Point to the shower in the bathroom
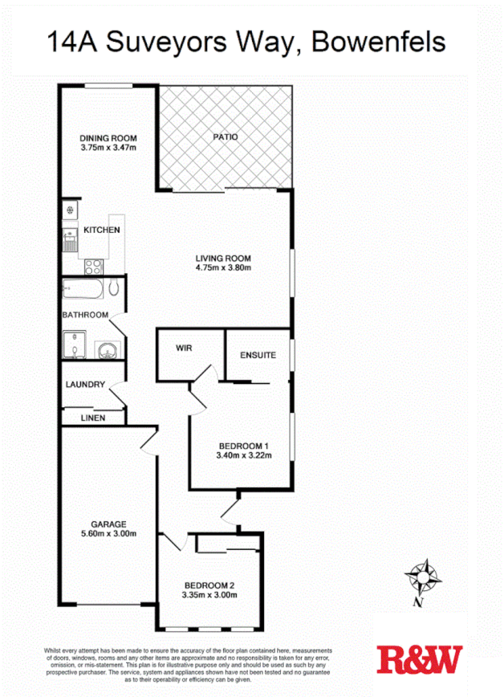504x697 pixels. pyautogui.click(x=74, y=346)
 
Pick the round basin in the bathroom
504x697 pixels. pyautogui.click(x=106, y=348)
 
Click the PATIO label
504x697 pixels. pyautogui.click(x=225, y=137)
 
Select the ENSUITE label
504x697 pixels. pyautogui.click(x=258, y=354)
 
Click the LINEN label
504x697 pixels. pyautogui.click(x=93, y=418)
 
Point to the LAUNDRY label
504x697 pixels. pyautogui.click(x=85, y=385)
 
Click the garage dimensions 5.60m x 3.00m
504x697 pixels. pyautogui.click(x=108, y=533)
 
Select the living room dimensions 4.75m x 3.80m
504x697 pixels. pyautogui.click(x=223, y=268)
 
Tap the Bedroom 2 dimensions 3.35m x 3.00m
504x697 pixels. pyautogui.click(x=209, y=595)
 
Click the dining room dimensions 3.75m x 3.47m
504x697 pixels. pyautogui.click(x=108, y=148)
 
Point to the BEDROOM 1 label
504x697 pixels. pyautogui.click(x=243, y=446)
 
